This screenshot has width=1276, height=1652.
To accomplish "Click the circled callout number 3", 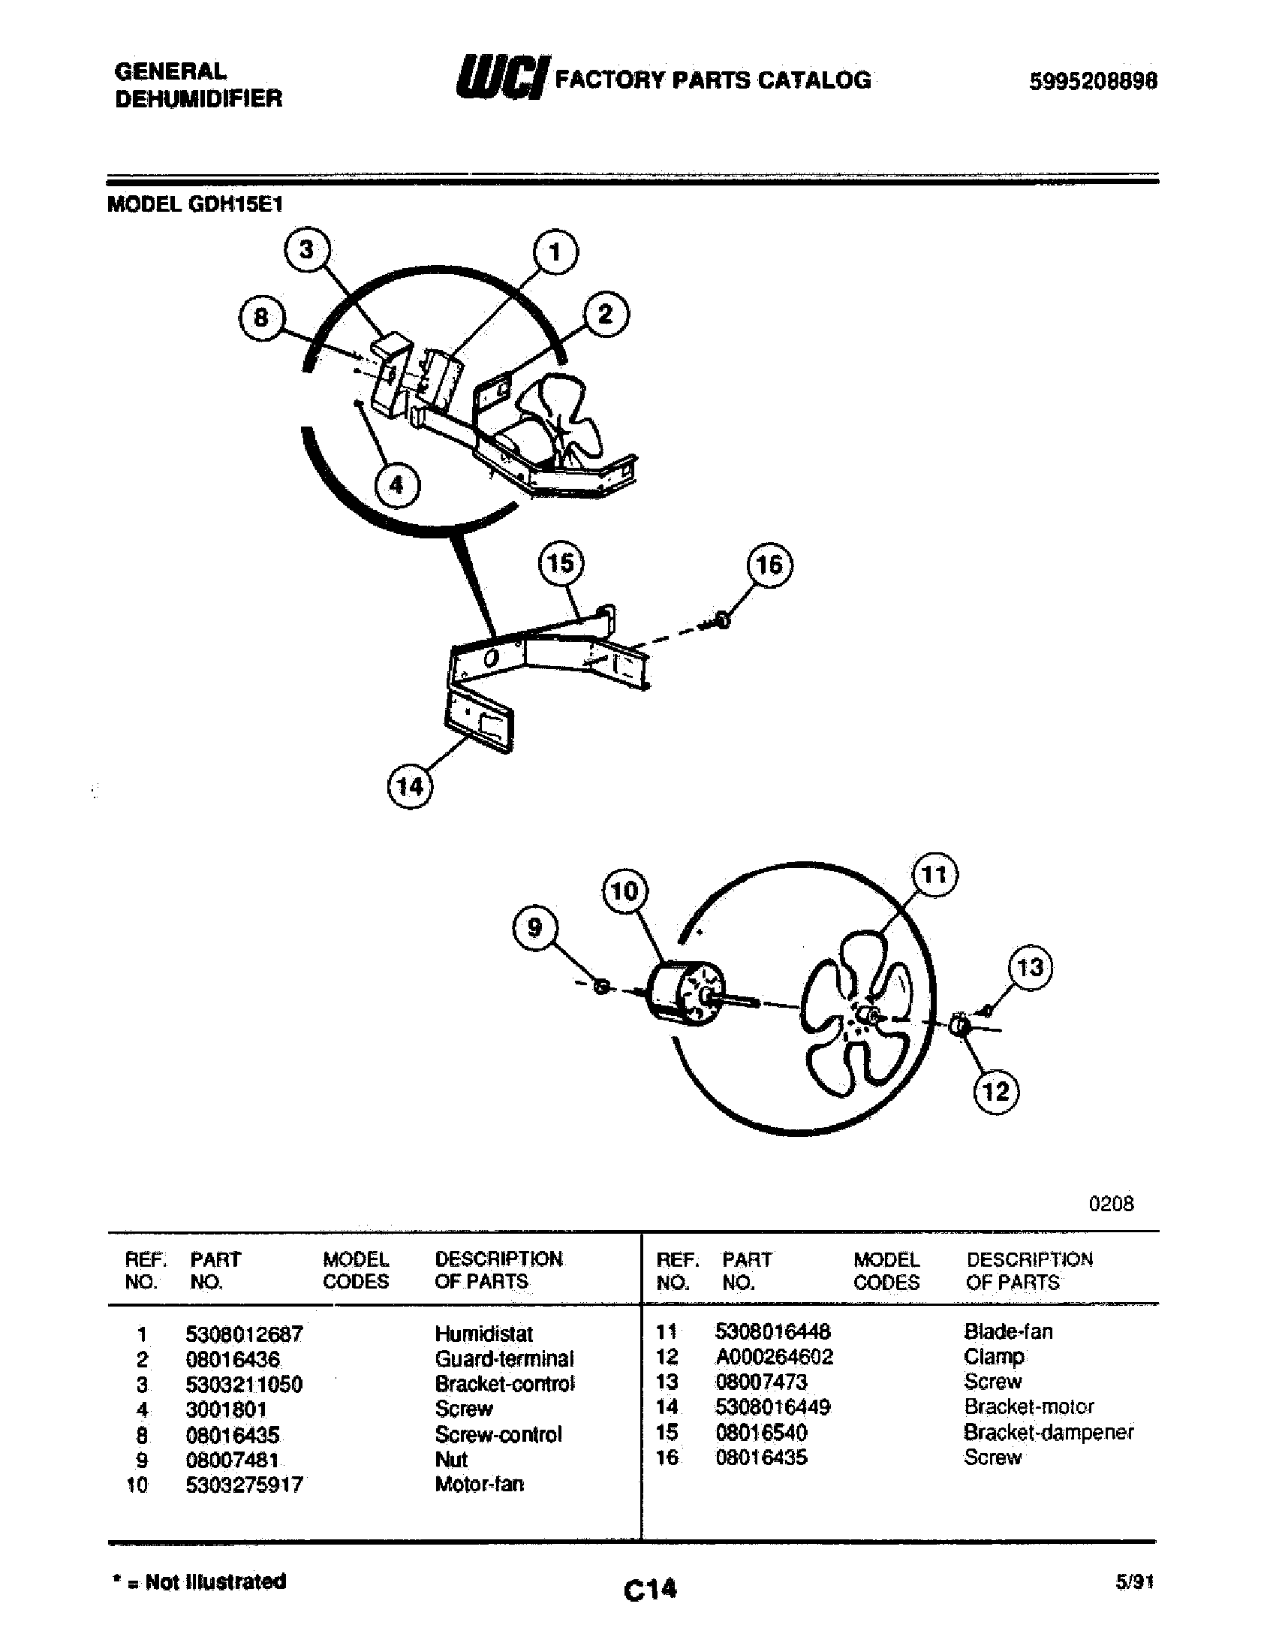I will point(306,249).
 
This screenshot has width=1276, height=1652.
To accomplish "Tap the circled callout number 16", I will point(769,564).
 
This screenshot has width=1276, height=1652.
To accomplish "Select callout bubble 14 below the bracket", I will point(410,786).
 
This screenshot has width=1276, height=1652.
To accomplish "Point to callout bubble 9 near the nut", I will point(535,928).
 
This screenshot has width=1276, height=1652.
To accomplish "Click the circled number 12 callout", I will point(995,1092).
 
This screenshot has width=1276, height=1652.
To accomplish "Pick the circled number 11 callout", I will point(935,875).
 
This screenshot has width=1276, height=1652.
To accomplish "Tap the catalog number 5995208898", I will point(1092,81).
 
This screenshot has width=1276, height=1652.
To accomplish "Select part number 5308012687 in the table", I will point(243,1334).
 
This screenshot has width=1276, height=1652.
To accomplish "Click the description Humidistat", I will point(484,1334).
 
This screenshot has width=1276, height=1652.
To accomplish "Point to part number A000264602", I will point(774,1356).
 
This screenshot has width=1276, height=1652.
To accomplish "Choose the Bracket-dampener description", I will point(1049,1432).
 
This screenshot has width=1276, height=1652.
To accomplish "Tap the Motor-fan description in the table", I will point(480,1484).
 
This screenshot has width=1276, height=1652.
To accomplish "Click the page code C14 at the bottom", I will point(650,1588).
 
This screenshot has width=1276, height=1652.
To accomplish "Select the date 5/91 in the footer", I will point(1134,1581).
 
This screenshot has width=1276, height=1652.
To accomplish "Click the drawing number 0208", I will point(1111,1204).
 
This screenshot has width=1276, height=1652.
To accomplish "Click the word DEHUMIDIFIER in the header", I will point(199,98).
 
